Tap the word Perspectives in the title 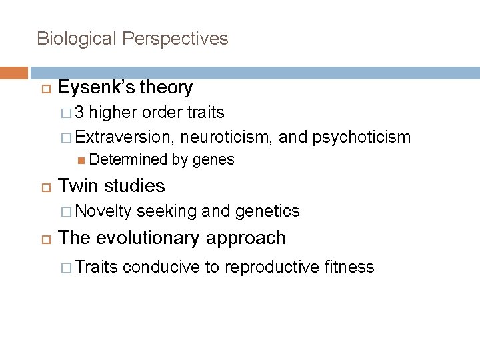pos(175,39)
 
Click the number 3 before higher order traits pos(79,113)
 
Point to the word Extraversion pos(123,137)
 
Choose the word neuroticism pos(227,137)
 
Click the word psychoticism pos(361,137)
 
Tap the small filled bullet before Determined pos(81,160)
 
